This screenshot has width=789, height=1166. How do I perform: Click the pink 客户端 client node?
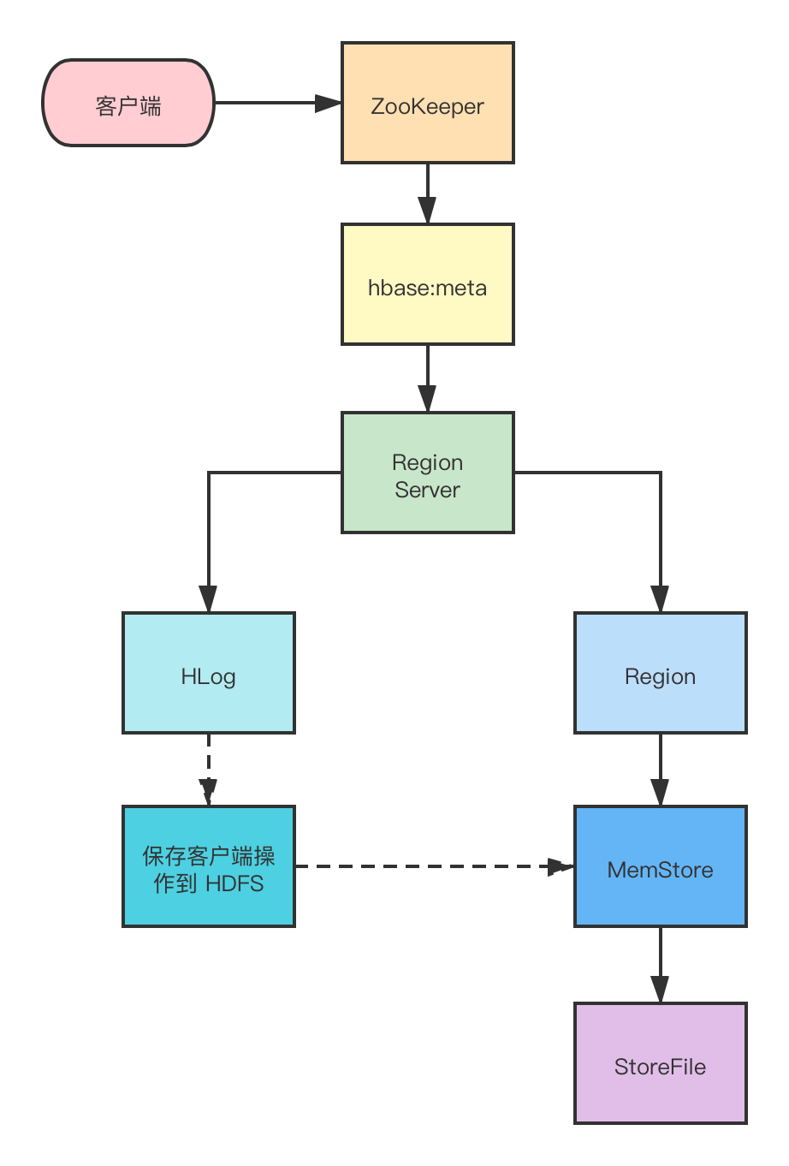tap(128, 103)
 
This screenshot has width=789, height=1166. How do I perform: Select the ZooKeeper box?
tap(427, 103)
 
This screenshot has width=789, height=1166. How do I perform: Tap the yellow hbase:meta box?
tap(427, 284)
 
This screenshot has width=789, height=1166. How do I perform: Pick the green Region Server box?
tap(427, 472)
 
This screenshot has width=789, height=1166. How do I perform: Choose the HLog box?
tap(208, 673)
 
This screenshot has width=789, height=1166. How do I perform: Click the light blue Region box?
tap(660, 673)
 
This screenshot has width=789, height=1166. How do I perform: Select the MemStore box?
tap(660, 866)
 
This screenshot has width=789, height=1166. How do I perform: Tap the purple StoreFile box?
tap(660, 1063)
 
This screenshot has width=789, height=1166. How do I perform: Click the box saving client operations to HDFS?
tap(208, 866)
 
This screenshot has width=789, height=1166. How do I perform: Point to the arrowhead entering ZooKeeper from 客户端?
tap(328, 103)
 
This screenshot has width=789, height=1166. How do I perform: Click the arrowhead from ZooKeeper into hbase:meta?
tap(427, 210)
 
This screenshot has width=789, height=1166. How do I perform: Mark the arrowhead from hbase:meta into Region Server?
tap(427, 398)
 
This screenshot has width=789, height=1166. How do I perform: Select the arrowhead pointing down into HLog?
tap(208, 598)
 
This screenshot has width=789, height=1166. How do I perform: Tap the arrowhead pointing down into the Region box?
tap(660, 598)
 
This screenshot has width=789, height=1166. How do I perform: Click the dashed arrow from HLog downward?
tap(208, 770)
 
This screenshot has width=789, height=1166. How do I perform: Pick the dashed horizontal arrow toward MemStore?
tap(435, 866)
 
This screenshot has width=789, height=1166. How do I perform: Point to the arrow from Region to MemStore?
tap(660, 770)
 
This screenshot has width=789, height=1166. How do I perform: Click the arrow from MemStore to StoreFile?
tap(660, 965)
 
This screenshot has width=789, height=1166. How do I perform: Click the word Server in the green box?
tap(427, 490)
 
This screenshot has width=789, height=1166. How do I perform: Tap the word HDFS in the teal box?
tap(234, 883)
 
